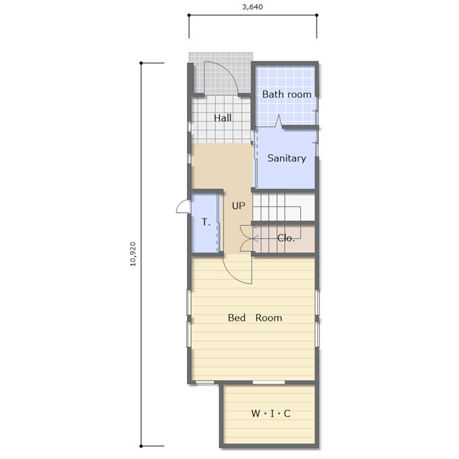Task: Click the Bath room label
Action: [x=287, y=94]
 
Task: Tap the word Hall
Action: [x=223, y=118]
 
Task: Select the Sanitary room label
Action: [x=287, y=158]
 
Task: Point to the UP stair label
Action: [x=238, y=206]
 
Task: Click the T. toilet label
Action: [x=206, y=222]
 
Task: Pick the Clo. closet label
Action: [x=286, y=238]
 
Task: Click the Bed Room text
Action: [x=255, y=318]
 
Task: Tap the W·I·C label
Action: [x=271, y=413]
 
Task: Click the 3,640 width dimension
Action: [x=252, y=7]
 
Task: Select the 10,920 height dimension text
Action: [x=133, y=254]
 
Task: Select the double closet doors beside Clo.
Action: [x=246, y=238]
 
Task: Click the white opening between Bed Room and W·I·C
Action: [x=269, y=382]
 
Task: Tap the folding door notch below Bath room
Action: [x=278, y=121]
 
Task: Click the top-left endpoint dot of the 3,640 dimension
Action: [x=189, y=15]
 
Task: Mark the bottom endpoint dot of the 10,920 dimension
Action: [x=141, y=446]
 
